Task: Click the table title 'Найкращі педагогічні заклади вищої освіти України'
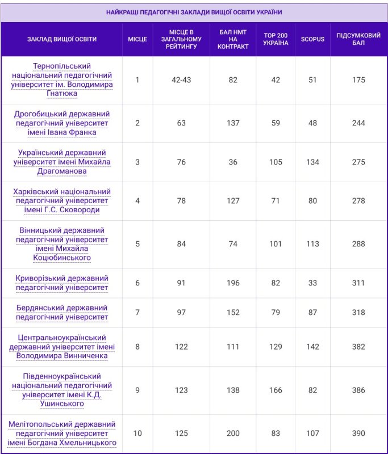pos(194,12)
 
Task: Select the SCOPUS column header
pos(312,39)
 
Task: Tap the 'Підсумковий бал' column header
pos(358,39)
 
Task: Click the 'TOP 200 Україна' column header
pos(276,39)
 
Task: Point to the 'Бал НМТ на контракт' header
pos(233,39)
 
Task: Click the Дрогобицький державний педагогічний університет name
pos(62,123)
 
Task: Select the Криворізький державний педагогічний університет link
pos(62,283)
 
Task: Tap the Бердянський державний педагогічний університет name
pos(62,312)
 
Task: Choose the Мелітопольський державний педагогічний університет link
pos(62,433)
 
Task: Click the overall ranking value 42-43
pos(181,80)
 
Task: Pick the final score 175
pos(358,80)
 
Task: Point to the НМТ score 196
pos(233,283)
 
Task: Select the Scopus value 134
pos(312,162)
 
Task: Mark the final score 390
pos(358,434)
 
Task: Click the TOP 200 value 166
pos(276,390)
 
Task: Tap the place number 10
pos(137,434)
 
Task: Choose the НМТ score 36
pos(233,162)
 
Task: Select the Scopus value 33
pos(312,283)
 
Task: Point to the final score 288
pos(358,245)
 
